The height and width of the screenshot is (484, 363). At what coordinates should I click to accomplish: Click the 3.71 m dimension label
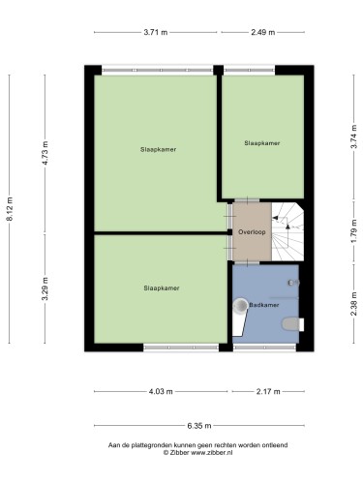click(156, 32)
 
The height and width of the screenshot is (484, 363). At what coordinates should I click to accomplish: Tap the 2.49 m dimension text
click(263, 32)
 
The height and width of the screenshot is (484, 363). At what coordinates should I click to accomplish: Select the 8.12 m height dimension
click(10, 209)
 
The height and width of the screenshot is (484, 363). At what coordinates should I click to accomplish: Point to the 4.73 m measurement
click(45, 153)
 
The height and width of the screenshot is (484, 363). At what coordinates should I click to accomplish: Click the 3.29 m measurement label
click(45, 288)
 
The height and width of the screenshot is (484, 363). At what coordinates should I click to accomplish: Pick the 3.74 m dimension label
click(354, 136)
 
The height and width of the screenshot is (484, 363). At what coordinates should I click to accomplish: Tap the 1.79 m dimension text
click(354, 231)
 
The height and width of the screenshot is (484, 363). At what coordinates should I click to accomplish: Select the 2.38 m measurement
click(354, 304)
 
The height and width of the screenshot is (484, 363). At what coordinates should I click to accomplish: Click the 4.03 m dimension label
click(161, 391)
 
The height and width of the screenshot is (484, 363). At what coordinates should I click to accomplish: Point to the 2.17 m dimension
click(268, 391)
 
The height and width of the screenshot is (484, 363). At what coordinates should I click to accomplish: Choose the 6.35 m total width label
click(199, 426)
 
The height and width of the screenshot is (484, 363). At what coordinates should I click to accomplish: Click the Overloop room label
click(252, 232)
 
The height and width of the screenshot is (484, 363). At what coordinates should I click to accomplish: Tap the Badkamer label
click(263, 305)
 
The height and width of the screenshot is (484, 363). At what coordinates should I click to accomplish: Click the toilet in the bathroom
click(293, 324)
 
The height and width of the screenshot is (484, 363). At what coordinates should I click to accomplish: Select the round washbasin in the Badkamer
click(240, 306)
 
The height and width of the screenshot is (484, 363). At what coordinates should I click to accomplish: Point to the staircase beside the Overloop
click(287, 231)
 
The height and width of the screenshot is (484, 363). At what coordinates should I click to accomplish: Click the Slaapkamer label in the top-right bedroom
click(262, 143)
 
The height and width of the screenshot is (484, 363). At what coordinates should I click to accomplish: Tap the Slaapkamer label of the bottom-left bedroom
click(162, 288)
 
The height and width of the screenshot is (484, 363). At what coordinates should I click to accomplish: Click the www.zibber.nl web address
click(212, 452)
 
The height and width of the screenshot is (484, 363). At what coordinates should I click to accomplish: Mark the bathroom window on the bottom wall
click(264, 348)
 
